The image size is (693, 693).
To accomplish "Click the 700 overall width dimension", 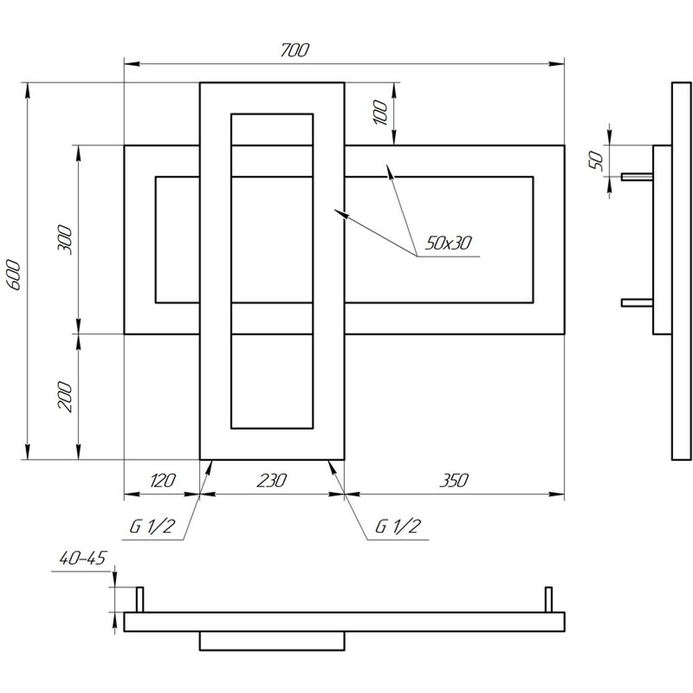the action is [x=295, y=50].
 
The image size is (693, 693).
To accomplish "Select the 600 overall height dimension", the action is [x=14, y=275].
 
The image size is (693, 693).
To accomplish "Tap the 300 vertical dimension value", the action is [x=65, y=239].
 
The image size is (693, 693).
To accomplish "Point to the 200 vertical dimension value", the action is [x=65, y=396].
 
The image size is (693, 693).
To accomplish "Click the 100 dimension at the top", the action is [x=379, y=113].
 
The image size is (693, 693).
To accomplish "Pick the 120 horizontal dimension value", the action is [x=163, y=480].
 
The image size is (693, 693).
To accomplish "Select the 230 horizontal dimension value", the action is [x=272, y=480].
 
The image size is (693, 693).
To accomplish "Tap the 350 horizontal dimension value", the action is [x=453, y=480].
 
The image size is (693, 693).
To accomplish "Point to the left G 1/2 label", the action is [x=152, y=526].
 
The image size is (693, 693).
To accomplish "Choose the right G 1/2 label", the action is [x=398, y=526].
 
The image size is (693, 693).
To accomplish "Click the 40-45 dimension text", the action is [x=83, y=558].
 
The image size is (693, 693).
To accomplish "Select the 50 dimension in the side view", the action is [x=596, y=161].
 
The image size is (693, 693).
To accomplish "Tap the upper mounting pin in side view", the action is [x=637, y=177].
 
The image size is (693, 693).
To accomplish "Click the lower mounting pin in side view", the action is [x=637, y=303].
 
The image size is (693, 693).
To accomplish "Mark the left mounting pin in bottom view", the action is [x=140, y=599].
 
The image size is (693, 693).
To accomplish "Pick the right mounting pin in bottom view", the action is [x=549, y=599].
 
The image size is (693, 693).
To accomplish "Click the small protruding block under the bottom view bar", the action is [x=272, y=641].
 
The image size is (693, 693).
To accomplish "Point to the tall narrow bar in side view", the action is [x=682, y=271].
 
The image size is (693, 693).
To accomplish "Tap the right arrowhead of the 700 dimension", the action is [x=556, y=64].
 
